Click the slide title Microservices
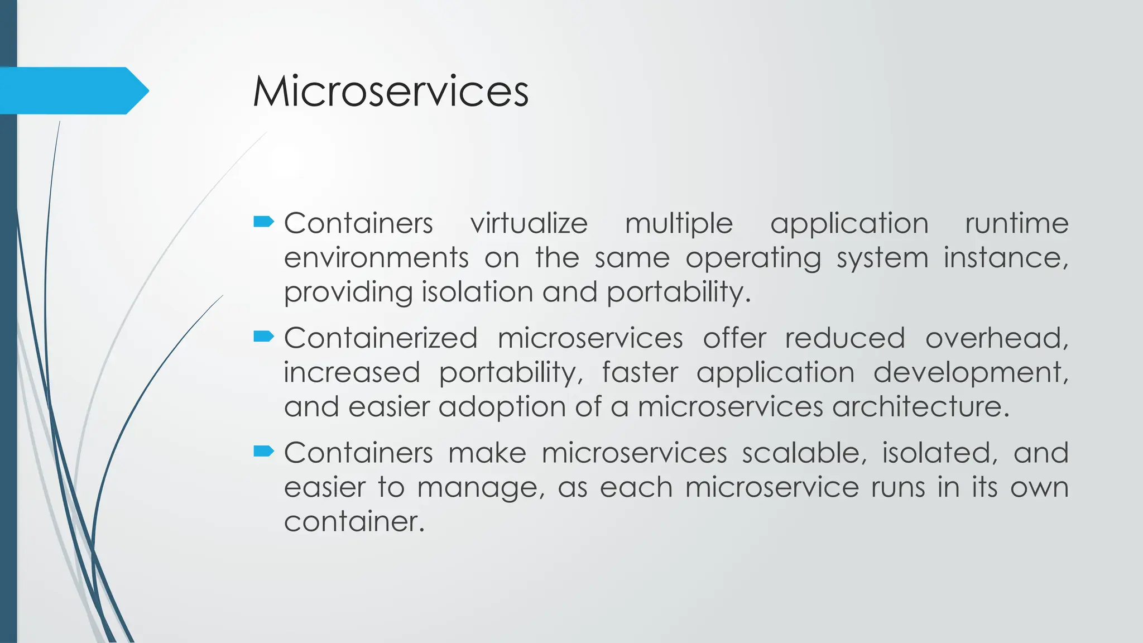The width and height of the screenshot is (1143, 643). click(x=391, y=91)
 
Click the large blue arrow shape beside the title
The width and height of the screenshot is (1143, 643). click(x=73, y=90)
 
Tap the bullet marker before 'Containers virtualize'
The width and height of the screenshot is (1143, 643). click(x=263, y=222)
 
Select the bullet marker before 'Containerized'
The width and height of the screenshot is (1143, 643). click(x=263, y=336)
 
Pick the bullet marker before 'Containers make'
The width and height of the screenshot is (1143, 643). click(x=263, y=451)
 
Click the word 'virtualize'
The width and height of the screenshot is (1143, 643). click(x=529, y=224)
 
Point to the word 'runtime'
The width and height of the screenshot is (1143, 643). click(x=1016, y=224)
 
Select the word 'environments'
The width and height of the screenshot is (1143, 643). click(x=376, y=258)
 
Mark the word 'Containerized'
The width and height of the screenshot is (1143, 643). click(x=381, y=338)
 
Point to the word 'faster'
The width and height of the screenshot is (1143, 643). click(x=640, y=373)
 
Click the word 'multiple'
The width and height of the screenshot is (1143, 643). click(x=679, y=224)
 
